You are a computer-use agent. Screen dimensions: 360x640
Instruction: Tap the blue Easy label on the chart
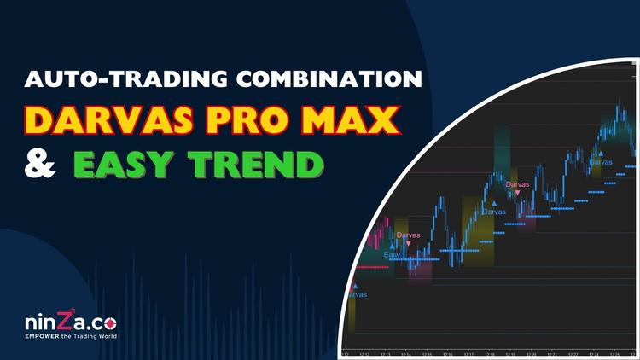click(x=392, y=254)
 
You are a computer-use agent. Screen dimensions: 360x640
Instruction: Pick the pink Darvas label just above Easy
click(x=408, y=233)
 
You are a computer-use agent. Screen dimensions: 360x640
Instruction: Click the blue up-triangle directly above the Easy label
click(x=392, y=246)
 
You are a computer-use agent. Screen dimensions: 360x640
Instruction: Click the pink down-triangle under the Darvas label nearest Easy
click(x=408, y=242)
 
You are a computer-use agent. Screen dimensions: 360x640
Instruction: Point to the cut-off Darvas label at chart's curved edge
click(x=357, y=294)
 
